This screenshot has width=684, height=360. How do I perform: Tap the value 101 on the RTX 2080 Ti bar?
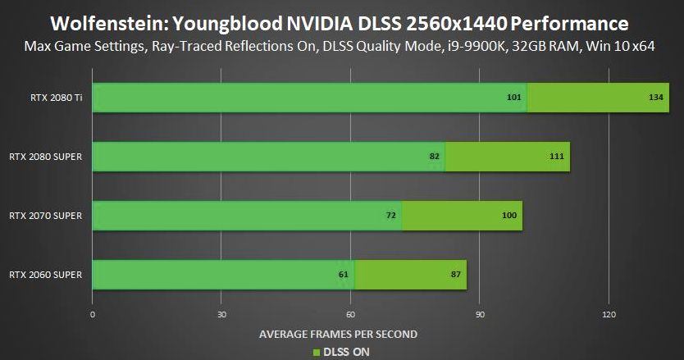pyautogui.click(x=514, y=98)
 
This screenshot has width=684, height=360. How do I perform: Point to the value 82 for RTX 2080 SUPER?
pyautogui.click(x=435, y=157)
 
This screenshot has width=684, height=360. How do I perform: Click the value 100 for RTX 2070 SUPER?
pyautogui.click(x=508, y=216)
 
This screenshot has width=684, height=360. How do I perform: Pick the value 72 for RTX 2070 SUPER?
pyautogui.click(x=391, y=216)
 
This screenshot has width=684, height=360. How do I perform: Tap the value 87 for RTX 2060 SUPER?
pyautogui.click(x=456, y=275)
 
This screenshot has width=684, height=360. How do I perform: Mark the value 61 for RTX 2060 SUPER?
pyautogui.click(x=343, y=275)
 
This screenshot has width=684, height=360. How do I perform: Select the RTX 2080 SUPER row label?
pyautogui.click(x=45, y=157)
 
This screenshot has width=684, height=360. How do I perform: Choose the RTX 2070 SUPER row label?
pyautogui.click(x=45, y=216)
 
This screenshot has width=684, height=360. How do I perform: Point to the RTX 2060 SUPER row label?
pyautogui.click(x=45, y=275)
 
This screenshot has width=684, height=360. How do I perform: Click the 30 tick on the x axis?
pyautogui.click(x=221, y=315)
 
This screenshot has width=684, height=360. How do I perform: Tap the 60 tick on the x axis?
pyautogui.click(x=350, y=315)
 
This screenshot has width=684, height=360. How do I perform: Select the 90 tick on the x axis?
pyautogui.click(x=480, y=315)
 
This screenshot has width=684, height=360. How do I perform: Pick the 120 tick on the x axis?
pyautogui.click(x=609, y=315)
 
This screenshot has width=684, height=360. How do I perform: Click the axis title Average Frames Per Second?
pyautogui.click(x=338, y=334)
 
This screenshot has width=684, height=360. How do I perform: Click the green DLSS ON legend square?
pyautogui.click(x=315, y=353)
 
